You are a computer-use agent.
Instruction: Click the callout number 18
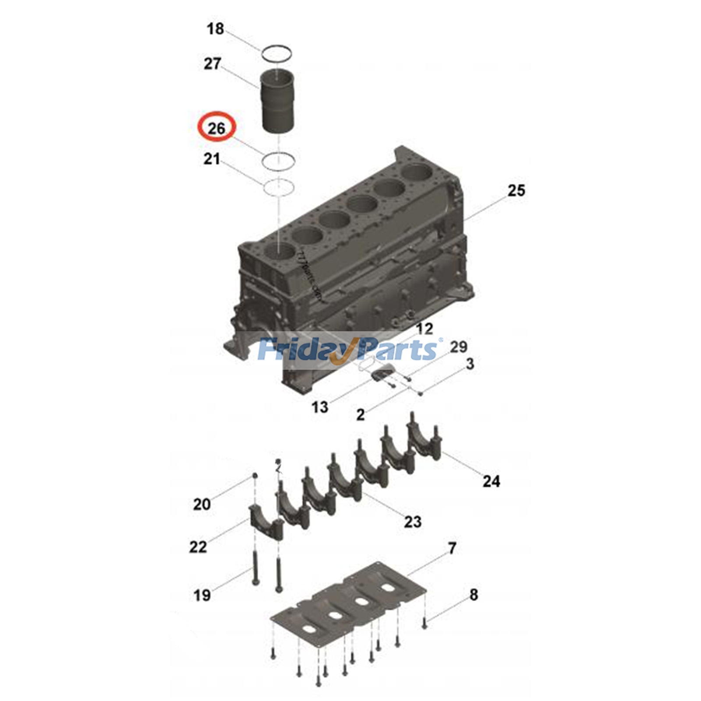click(215, 29)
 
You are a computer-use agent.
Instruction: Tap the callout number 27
click(212, 64)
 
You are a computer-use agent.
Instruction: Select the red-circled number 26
click(216, 128)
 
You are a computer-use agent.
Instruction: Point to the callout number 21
click(212, 159)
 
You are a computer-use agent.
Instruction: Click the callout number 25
click(516, 191)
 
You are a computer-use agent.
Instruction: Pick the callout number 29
click(458, 347)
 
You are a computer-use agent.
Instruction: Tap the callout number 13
click(320, 407)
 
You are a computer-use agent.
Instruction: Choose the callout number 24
click(491, 481)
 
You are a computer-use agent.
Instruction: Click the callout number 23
click(413, 522)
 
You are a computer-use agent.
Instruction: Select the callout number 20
click(202, 504)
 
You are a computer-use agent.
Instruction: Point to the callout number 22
click(198, 547)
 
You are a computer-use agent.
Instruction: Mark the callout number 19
click(202, 595)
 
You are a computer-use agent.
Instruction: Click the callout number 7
click(452, 548)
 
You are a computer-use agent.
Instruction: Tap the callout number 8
click(474, 595)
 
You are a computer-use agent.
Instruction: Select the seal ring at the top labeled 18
click(276, 53)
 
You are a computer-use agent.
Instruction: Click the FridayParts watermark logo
click(348, 350)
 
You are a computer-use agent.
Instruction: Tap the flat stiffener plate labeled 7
click(348, 602)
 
